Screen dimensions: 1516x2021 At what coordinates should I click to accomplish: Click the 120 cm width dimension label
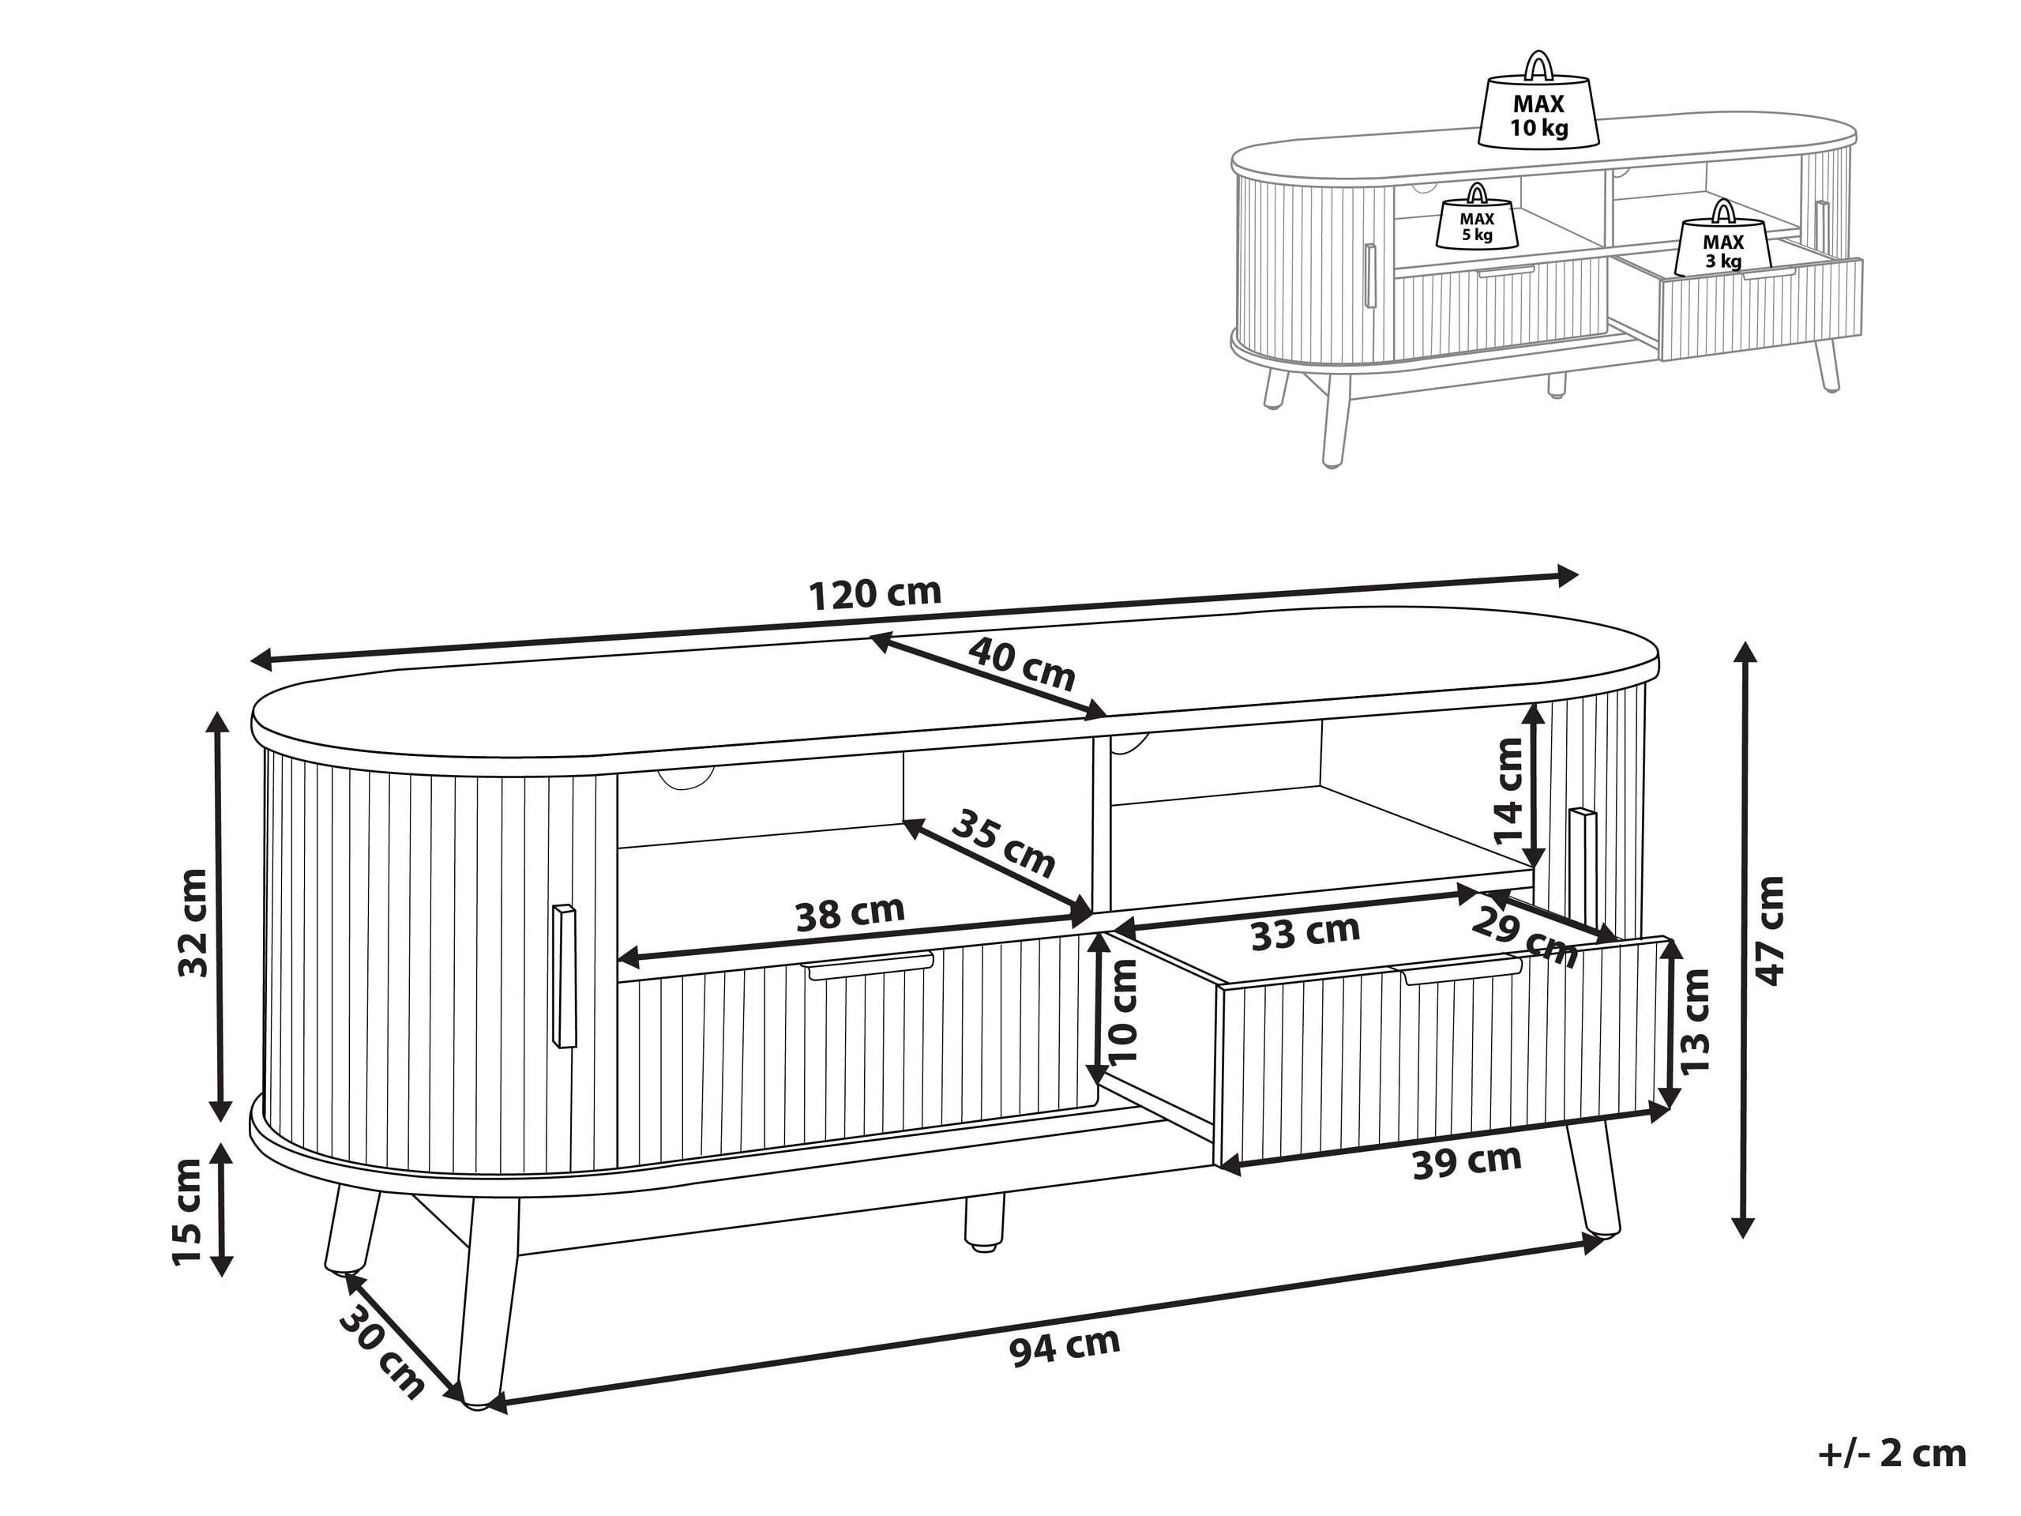pyautogui.click(x=874, y=594)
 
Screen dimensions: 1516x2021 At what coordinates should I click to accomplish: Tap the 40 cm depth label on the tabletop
pyautogui.click(x=1021, y=664)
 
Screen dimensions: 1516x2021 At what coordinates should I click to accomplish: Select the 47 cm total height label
pyautogui.click(x=1770, y=931)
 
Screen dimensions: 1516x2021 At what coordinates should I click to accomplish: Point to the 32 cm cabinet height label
pyautogui.click(x=193, y=922)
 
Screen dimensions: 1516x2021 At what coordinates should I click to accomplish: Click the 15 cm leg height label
pyautogui.click(x=187, y=1212)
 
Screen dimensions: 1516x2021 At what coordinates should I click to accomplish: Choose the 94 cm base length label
pyautogui.click(x=1065, y=1347)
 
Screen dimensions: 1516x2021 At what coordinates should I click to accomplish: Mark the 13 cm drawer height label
pyautogui.click(x=1694, y=1022)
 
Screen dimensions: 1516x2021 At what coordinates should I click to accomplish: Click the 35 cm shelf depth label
pyautogui.click(x=1003, y=844)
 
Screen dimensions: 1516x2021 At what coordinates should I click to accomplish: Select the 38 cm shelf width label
pyautogui.click(x=850, y=913)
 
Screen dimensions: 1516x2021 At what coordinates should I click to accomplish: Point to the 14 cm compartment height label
pyautogui.click(x=1508, y=792)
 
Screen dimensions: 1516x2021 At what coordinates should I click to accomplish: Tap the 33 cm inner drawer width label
pyautogui.click(x=1305, y=932)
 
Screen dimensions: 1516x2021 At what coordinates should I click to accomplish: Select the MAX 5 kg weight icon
pyautogui.click(x=1477, y=222)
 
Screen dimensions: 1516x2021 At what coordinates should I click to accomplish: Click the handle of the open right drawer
pyautogui.click(x=1462, y=970)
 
